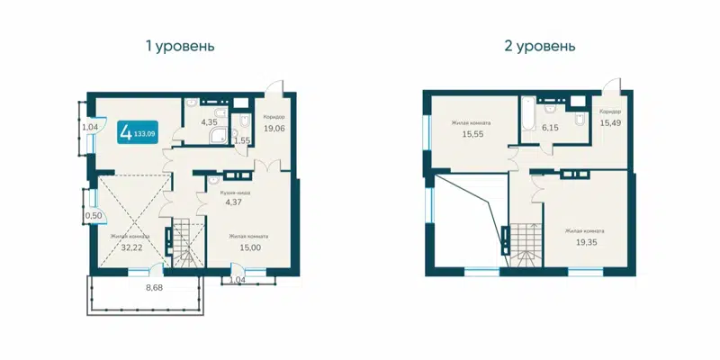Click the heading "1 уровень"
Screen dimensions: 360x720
coord(180,45)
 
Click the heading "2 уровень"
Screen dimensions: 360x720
coord(541,45)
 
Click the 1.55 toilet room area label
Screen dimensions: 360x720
coord(241,141)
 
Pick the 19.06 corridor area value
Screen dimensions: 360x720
coord(274,128)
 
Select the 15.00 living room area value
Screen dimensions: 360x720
coord(248,247)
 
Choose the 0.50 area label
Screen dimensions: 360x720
coord(93,216)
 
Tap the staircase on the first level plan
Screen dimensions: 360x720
coord(188,243)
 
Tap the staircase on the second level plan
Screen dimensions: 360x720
coord(526,244)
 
